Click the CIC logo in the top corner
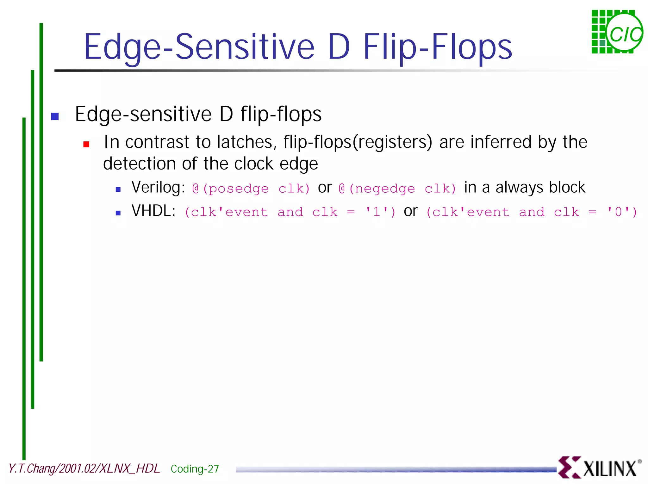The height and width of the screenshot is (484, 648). click(x=617, y=32)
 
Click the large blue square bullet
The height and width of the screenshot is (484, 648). click(x=55, y=116)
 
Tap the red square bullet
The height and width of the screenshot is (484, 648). click(x=86, y=144)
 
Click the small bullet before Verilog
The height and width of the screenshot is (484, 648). click(x=118, y=189)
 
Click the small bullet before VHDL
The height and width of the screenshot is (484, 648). click(x=118, y=213)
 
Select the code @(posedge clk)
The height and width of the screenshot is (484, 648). click(x=251, y=189)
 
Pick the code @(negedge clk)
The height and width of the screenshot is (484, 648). click(x=397, y=189)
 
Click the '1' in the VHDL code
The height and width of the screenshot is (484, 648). click(x=377, y=212)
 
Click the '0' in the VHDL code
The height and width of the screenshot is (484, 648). click(x=618, y=212)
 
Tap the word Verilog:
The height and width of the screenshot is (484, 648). click(x=158, y=187)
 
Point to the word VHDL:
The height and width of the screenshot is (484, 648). click(x=153, y=211)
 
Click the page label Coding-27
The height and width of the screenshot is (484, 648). click(x=195, y=468)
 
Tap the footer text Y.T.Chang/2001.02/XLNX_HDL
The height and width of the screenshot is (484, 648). click(x=84, y=468)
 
